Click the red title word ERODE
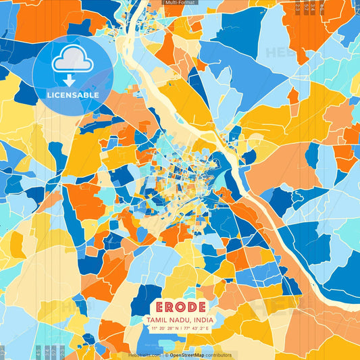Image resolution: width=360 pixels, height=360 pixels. (179, 306)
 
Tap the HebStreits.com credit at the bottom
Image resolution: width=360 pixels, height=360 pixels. (144, 355)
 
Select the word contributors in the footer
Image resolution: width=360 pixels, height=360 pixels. (220, 355)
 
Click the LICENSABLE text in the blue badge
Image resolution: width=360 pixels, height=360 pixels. (72, 95)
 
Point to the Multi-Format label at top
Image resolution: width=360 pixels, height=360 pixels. (180, 3)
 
